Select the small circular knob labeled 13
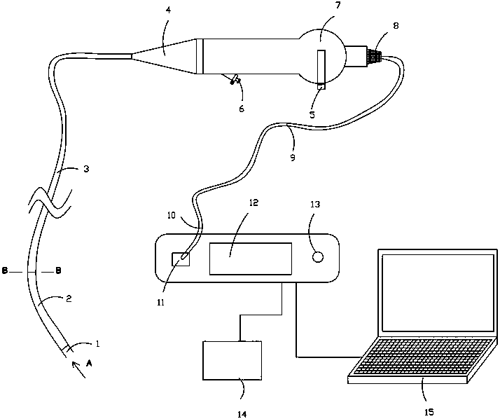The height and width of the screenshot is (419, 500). coord(317,257)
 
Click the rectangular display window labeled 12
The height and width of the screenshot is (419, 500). coord(250,259)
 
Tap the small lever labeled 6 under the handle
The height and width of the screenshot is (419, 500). coord(235,82)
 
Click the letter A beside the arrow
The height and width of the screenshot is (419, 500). coord(89,364)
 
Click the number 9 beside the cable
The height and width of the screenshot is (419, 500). coord(292,158)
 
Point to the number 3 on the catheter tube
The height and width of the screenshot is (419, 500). coord(85,169)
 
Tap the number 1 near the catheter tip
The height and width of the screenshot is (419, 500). coord(97,344)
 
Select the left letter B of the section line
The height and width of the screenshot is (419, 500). coord(5,270)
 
